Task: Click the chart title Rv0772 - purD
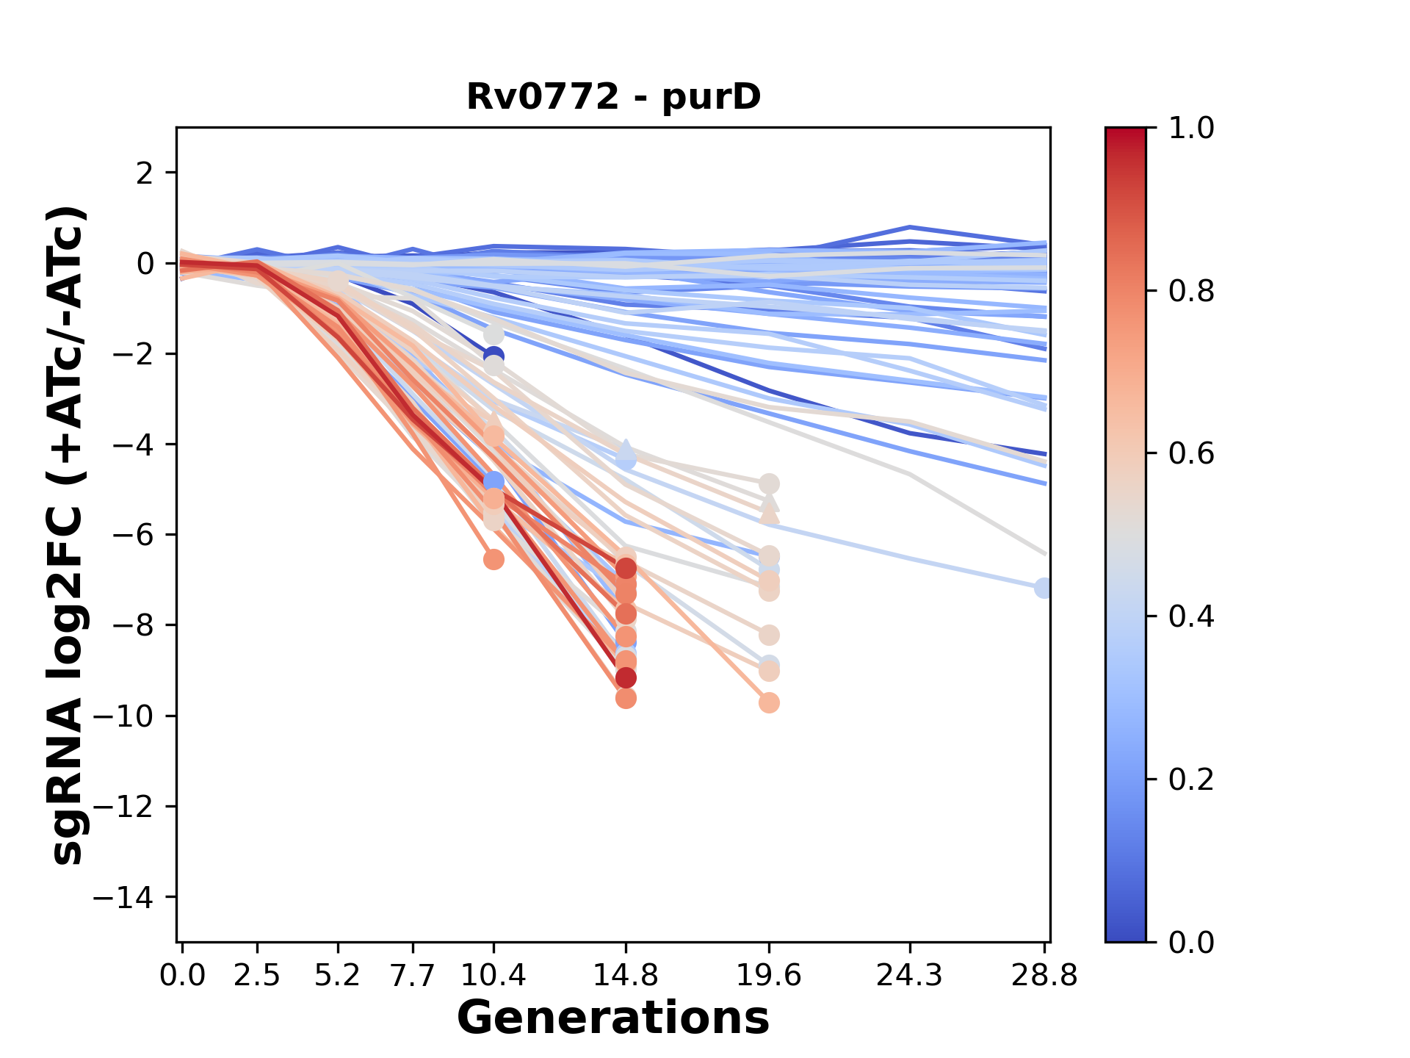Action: [613, 97]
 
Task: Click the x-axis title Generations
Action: [613, 1018]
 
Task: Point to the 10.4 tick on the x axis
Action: [493, 976]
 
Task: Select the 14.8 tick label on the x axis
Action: [626, 976]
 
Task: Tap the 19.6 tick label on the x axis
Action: [769, 976]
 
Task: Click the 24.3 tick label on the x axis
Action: [910, 976]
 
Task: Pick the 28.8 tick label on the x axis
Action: [1044, 976]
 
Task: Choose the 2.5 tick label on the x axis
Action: [257, 976]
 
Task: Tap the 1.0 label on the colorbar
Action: [1191, 129]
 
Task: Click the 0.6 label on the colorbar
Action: [1191, 454]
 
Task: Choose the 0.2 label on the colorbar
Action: [1191, 780]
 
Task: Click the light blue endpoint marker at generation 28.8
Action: [1043, 588]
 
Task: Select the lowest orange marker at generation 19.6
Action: [769, 703]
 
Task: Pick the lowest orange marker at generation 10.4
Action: [493, 560]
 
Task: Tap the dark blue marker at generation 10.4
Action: [493, 357]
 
